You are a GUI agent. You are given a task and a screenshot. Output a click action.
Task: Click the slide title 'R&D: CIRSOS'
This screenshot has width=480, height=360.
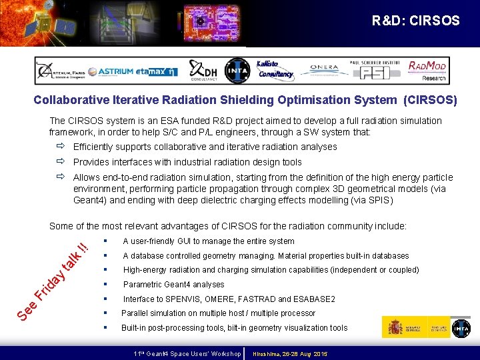click(415, 21)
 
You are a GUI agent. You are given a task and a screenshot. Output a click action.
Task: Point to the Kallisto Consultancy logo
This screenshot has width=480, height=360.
click(274, 69)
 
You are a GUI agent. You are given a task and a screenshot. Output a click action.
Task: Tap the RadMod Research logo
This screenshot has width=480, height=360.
click(427, 70)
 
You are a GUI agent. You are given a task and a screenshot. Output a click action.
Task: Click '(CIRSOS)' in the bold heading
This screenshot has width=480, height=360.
click(430, 101)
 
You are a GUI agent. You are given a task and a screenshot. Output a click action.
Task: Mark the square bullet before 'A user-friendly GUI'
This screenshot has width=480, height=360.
click(106, 241)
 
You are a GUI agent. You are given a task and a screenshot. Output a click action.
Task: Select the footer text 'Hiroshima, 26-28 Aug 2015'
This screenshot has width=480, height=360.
click(290, 353)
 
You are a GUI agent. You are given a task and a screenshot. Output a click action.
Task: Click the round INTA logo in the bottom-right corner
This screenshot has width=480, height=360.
click(461, 327)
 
